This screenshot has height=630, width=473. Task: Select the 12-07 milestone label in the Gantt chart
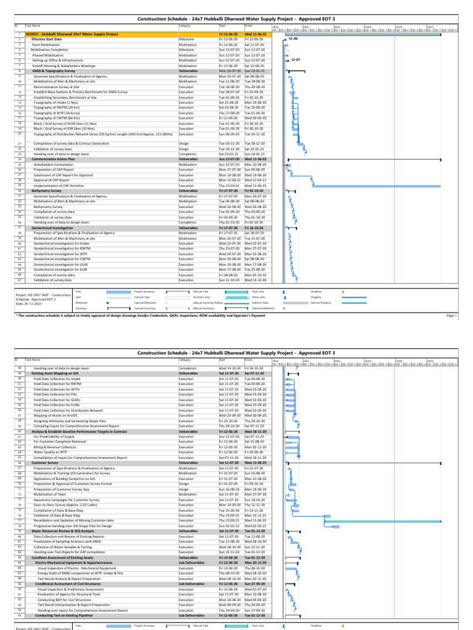296,60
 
